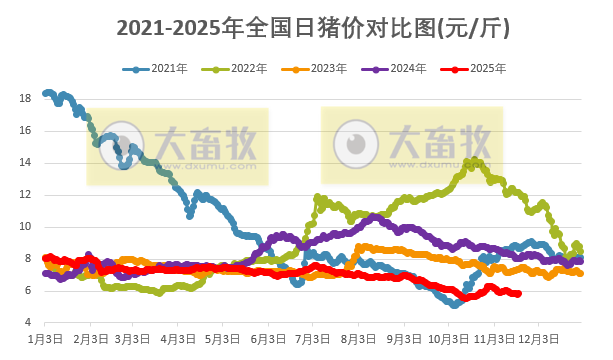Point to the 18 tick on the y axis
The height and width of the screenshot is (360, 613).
point(24,98)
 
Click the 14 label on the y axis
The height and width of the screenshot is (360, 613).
point(24,162)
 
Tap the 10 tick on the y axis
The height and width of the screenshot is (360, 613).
point(24,226)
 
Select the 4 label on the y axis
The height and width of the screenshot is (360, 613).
point(27,322)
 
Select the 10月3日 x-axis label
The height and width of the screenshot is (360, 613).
point(449,339)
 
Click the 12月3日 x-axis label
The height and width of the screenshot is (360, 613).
point(539,339)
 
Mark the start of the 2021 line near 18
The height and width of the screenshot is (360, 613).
point(47,93)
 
